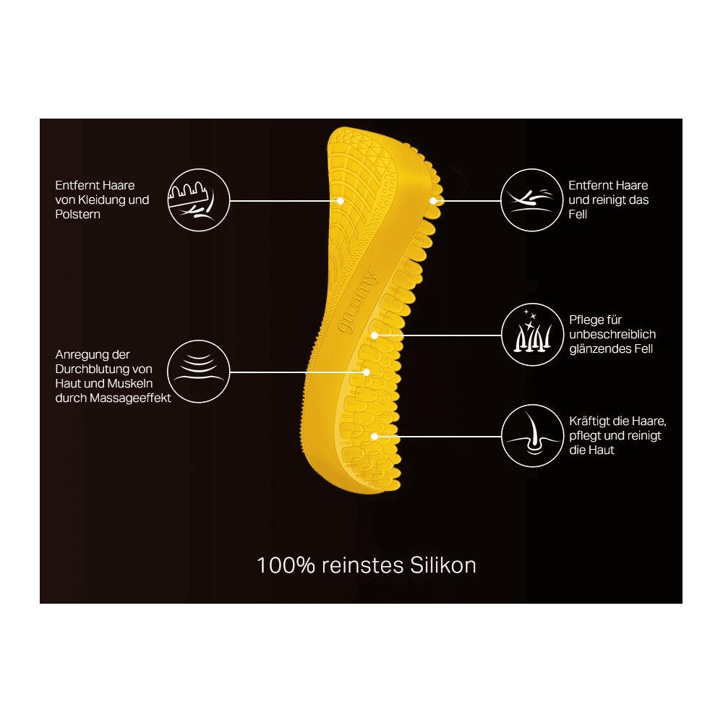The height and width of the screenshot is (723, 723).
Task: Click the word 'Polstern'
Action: point(77,215)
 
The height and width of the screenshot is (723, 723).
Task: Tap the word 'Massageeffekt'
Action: point(130,398)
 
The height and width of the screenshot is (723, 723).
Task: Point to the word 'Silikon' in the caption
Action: point(442,565)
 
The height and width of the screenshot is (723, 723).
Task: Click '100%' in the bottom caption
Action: point(286,565)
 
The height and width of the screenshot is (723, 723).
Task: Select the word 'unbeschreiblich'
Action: point(612,334)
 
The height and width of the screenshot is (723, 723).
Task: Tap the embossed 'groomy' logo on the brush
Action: point(358,301)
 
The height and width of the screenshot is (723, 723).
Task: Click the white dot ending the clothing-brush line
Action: point(341,201)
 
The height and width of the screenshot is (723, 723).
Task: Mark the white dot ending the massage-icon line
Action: point(366,372)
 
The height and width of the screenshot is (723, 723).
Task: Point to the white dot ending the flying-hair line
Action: point(433,201)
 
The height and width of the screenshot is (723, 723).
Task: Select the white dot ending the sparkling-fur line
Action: point(375,335)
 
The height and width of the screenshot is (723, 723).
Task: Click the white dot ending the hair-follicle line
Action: point(375,436)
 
